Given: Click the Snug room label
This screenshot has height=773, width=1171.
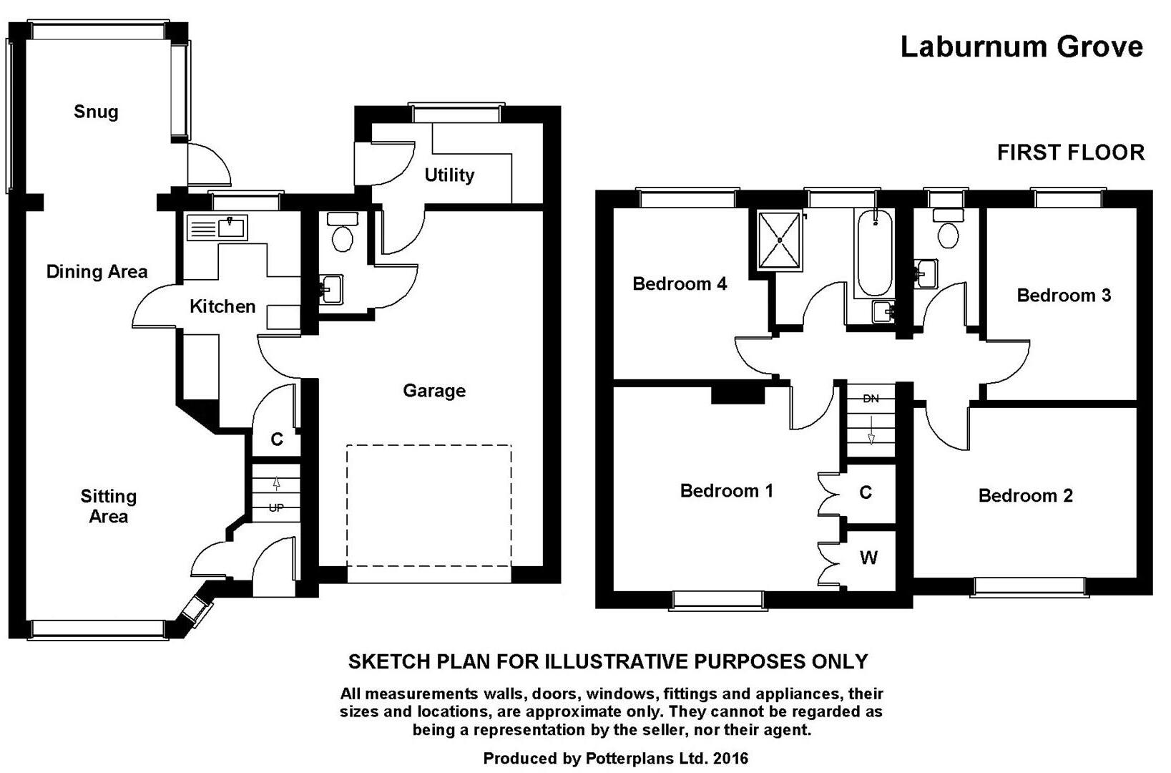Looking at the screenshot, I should point(96,112).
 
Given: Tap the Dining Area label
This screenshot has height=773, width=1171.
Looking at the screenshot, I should point(97,271).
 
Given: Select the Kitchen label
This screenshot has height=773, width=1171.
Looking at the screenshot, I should point(222,306).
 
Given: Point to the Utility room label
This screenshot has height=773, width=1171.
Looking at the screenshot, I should point(449,175).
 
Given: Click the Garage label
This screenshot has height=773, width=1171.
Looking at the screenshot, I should point(434,391).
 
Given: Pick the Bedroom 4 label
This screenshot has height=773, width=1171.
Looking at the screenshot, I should point(680,284).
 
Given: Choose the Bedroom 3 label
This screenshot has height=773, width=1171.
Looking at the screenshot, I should point(1064,296).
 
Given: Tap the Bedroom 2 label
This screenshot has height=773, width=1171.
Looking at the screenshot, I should point(1025,495).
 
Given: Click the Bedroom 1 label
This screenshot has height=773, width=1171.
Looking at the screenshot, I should point(726,491).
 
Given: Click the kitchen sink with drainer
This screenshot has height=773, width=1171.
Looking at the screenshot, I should point(217,228).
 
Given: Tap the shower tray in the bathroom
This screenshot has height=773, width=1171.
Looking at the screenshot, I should point(779,241).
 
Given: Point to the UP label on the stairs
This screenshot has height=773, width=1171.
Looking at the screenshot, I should point(276,508).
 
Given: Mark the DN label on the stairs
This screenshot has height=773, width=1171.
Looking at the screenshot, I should point(871,399).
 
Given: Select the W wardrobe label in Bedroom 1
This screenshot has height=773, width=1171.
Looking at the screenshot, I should point(868,558).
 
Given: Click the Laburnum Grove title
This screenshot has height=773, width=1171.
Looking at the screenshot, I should point(1021,47).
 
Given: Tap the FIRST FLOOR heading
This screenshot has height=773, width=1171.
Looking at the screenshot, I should point(1071,152).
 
